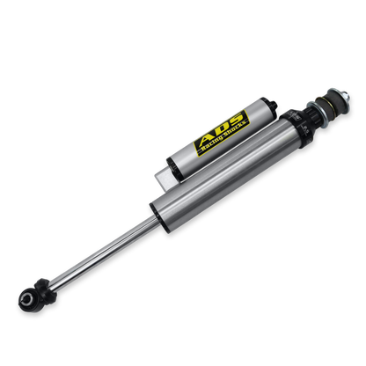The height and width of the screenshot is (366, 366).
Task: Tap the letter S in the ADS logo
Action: click(x=235, y=120)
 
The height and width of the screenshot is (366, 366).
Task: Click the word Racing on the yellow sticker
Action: click(x=212, y=144)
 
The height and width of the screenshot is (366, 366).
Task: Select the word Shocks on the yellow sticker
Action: click(x=235, y=131)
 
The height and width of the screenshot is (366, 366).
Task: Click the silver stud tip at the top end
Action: click(x=346, y=96)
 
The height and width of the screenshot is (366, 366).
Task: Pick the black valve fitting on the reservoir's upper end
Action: click(x=272, y=105)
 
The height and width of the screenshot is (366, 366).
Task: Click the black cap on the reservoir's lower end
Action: click(x=172, y=169)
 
